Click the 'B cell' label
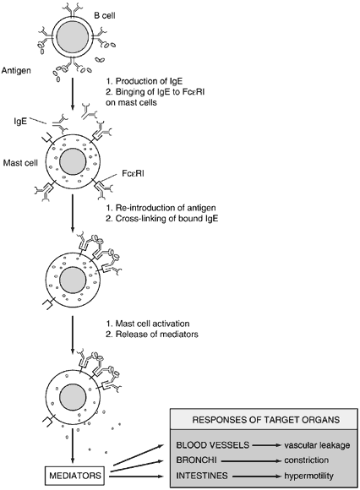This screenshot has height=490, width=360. click(105, 15)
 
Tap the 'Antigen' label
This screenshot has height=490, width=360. click(16, 70)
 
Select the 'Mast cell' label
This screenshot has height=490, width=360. click(20, 163)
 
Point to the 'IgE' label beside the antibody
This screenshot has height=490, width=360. click(20, 122)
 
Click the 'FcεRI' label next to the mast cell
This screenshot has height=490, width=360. click(134, 174)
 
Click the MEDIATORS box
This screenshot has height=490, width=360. click(75, 476)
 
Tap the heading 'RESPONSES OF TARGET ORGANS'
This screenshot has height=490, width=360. click(266, 419)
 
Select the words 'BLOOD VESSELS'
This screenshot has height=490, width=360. click(213, 445)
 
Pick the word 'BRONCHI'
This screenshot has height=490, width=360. click(195, 460)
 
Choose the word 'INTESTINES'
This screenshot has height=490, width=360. click(202, 476)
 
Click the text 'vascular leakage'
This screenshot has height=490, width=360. click(317, 445)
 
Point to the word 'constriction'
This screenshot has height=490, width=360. click(306, 460)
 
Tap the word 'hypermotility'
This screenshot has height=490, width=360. click(308, 476)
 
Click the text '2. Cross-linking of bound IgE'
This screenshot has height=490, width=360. click(162, 219)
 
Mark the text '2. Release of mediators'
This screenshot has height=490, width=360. click(152, 334)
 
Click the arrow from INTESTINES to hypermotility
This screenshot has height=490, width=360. click(255, 476)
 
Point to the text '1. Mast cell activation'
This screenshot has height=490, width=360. click(148, 324)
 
